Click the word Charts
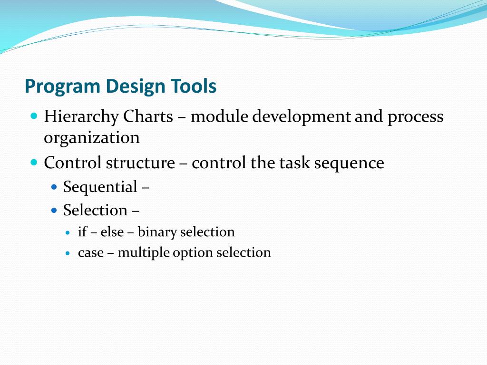click(148, 116)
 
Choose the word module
click(219, 116)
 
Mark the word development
click(302, 117)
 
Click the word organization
click(92, 138)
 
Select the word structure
click(140, 163)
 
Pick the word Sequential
click(100, 187)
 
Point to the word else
click(112, 232)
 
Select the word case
click(90, 253)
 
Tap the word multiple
click(143, 253)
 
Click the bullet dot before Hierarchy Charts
click(33, 115)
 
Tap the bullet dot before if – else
click(68, 233)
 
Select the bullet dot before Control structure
click(33, 162)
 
